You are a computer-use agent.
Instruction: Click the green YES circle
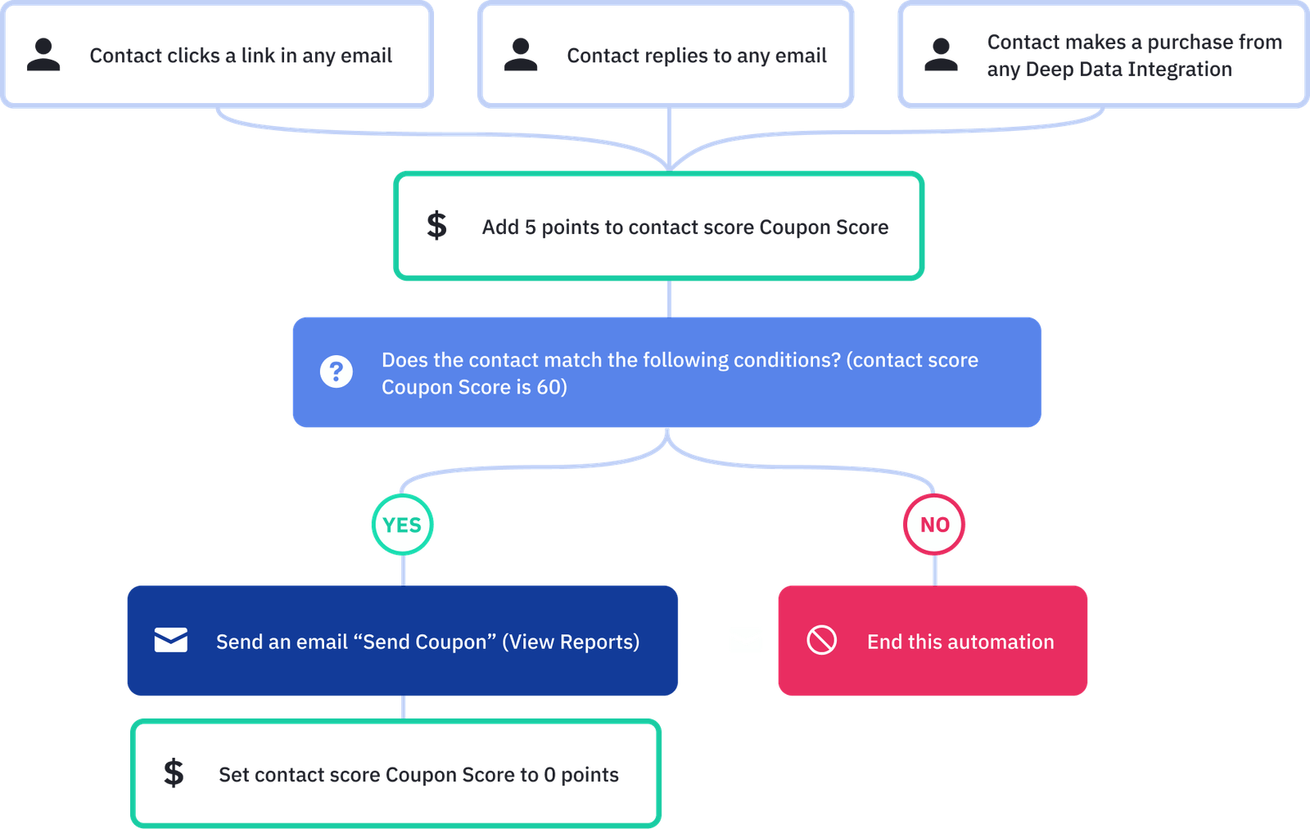402,525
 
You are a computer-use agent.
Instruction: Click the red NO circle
934,525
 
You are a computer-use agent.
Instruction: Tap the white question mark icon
337,372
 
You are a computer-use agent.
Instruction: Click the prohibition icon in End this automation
822,640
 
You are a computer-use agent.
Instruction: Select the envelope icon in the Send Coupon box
171,640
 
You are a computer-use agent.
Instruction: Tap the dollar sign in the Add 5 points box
436,225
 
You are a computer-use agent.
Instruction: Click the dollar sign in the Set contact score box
174,773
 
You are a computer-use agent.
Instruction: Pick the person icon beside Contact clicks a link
43,55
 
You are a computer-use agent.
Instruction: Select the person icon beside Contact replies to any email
521,55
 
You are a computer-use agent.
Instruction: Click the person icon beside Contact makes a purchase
940,55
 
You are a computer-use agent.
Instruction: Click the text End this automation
960,642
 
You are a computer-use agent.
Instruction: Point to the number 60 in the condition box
548,387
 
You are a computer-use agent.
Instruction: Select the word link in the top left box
258,56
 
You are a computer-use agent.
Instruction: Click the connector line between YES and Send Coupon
404,570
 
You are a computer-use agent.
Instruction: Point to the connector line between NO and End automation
935,570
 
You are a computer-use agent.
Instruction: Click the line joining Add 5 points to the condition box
669,299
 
